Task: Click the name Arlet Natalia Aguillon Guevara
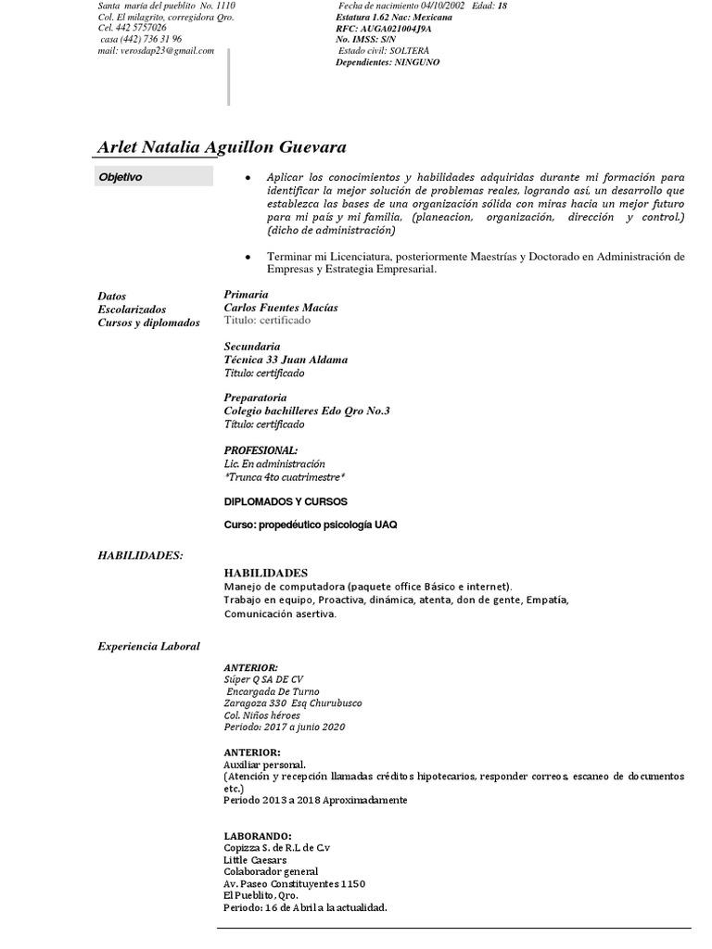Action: [x=222, y=148]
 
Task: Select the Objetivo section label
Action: [x=121, y=177]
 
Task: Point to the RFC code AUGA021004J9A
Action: [x=397, y=29]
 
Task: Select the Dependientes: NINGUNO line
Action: [x=388, y=62]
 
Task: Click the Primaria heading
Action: [x=246, y=294]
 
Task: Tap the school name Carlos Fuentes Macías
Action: [x=281, y=307]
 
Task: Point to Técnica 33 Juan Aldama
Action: [x=286, y=360]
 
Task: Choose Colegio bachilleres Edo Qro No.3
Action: [x=307, y=411]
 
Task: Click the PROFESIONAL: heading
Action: [x=261, y=450]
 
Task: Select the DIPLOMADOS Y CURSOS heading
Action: [x=286, y=500]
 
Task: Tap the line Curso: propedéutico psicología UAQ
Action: [x=311, y=525]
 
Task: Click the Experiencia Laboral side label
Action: [x=148, y=645]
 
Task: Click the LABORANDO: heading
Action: [x=258, y=835]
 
